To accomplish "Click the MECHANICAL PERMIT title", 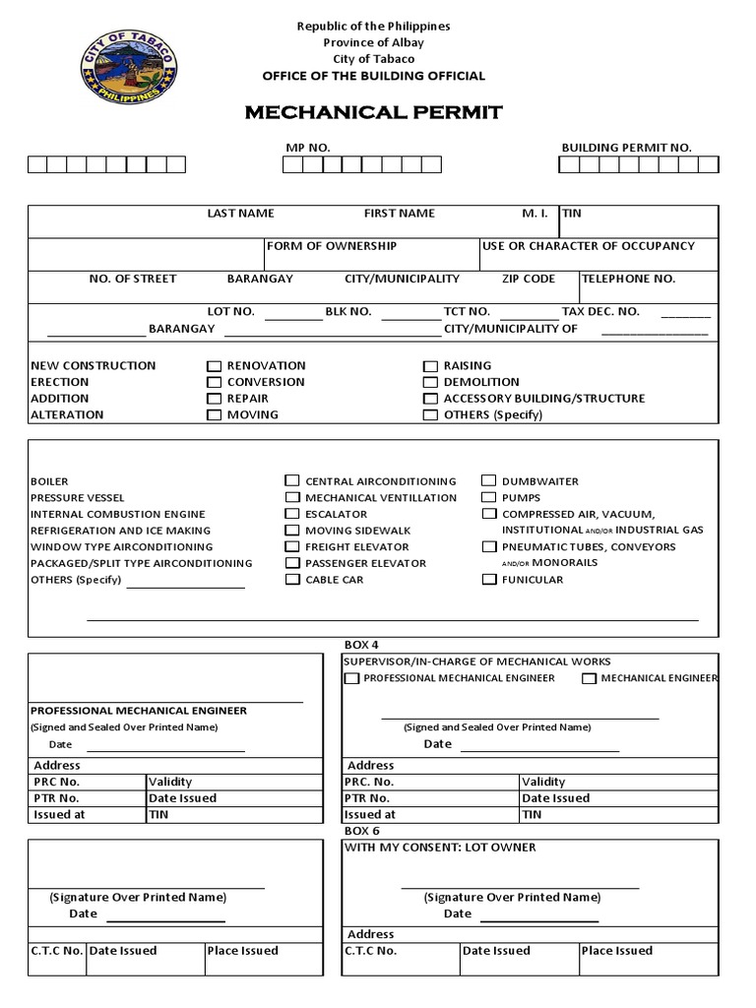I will [373, 112].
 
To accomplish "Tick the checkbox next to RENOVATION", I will [214, 366].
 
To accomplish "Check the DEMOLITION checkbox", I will [430, 382].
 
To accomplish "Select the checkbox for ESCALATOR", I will [291, 514].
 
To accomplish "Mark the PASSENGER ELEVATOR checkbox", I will [291, 563].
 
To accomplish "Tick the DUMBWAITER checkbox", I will [488, 481].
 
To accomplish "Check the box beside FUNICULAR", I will [488, 580].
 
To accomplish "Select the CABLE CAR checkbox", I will [291, 580].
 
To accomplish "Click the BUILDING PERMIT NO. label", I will [626, 148].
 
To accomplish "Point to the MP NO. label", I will [308, 148].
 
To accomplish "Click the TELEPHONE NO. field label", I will [628, 279].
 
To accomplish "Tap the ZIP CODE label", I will [529, 279].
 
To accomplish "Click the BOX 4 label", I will [361, 645].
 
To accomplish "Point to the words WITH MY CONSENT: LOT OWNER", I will [440, 848].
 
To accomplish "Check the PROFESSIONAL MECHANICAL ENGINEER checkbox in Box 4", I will [351, 678].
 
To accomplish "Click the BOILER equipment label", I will [49, 481].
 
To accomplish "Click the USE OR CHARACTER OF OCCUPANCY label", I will [589, 246].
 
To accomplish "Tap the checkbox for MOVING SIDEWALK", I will [291, 531].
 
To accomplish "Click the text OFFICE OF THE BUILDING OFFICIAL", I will [373, 77].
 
